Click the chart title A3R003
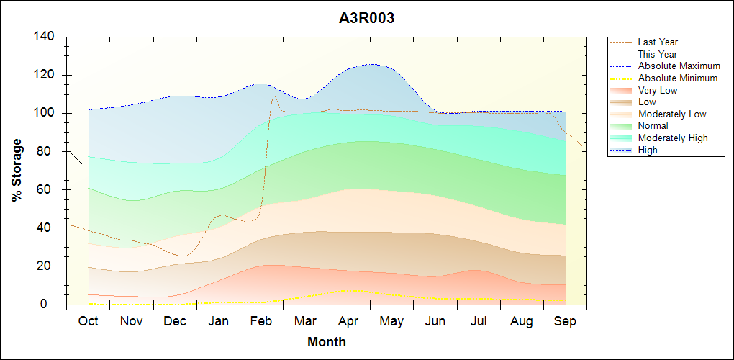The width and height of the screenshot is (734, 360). coord(367,19)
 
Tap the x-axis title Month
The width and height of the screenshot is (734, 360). coord(327,342)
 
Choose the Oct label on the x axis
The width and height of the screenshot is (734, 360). coord(89,321)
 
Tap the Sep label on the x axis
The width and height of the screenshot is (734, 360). coord(565,321)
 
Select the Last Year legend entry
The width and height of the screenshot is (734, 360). coord(658,42)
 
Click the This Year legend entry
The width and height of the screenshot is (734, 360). coord(658,54)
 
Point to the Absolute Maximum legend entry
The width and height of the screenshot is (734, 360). coord(679,66)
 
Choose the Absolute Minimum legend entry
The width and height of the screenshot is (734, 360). coord(678,78)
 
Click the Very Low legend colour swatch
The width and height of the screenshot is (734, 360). coord(622,90)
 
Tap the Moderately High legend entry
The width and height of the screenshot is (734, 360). coord(673,138)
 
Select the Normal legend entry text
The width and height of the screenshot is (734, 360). coord(653,126)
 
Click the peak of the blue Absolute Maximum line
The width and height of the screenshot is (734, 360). coord(371,65)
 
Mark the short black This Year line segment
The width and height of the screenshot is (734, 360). coord(76,158)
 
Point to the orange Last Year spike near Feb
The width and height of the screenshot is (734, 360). coord(274,96)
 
